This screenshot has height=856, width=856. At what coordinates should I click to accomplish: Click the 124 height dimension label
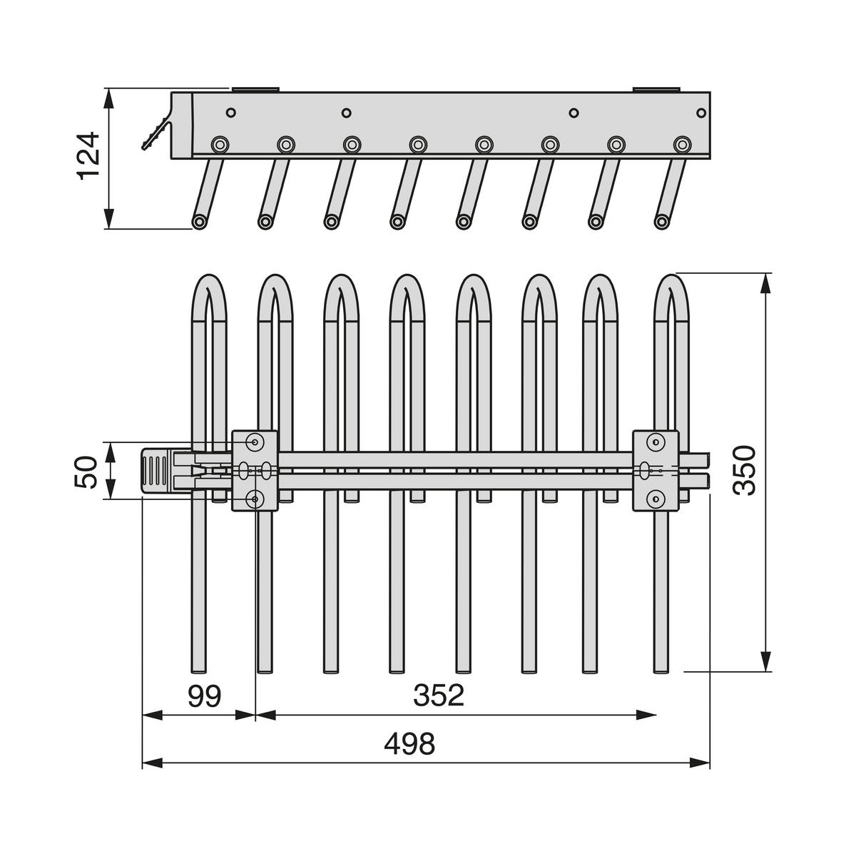89,156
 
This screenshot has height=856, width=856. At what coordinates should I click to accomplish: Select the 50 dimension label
87,472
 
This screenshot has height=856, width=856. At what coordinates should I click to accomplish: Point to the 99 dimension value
205,696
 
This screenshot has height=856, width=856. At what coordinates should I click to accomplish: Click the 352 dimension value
438,696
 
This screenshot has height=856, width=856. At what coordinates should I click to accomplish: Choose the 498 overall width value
409,745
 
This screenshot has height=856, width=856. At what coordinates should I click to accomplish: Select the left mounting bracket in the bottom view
255,471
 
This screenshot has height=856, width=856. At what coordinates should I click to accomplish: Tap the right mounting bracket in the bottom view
656,471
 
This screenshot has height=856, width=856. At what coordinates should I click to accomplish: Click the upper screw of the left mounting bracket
255,443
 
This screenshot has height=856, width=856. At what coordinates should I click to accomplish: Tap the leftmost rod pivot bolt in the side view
219,145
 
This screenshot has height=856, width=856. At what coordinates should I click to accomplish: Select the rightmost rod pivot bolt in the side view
683,145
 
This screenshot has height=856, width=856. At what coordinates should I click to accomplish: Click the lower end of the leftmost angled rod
200,222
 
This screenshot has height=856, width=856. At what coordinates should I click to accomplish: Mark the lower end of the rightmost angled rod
662,222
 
